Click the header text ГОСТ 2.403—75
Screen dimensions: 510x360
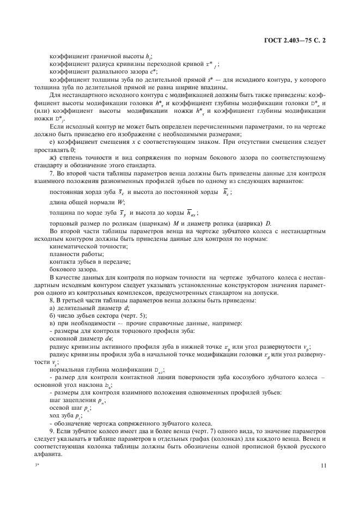283,40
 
